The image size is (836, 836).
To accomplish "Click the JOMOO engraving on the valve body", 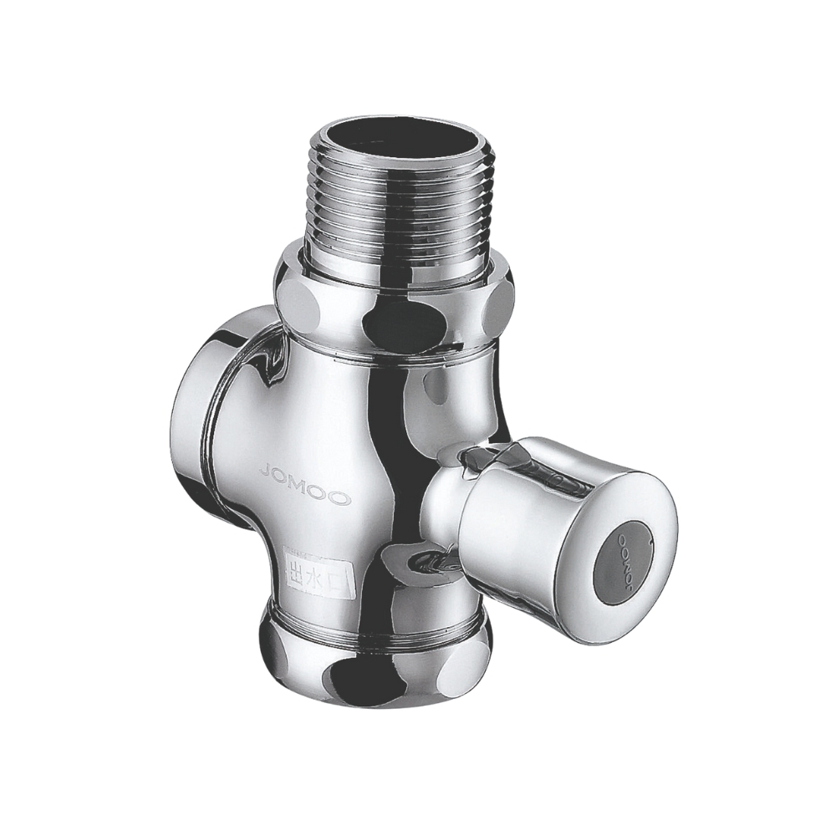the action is [x=305, y=483].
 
